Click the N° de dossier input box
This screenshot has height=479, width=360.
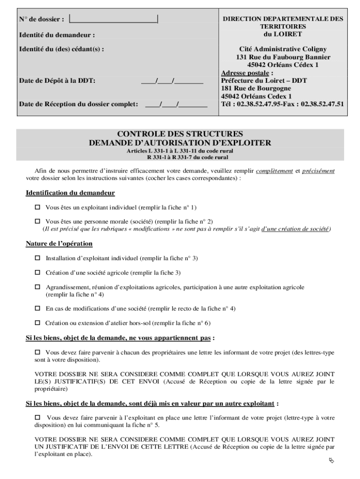(114, 19)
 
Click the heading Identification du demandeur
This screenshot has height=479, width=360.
(70, 193)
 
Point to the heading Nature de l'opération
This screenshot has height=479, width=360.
(59, 244)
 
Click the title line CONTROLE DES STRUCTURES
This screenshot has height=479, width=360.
(180, 134)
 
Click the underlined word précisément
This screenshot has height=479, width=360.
(318, 171)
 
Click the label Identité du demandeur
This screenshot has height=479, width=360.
(57, 35)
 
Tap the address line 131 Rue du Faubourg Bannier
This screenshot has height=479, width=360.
(283, 57)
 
